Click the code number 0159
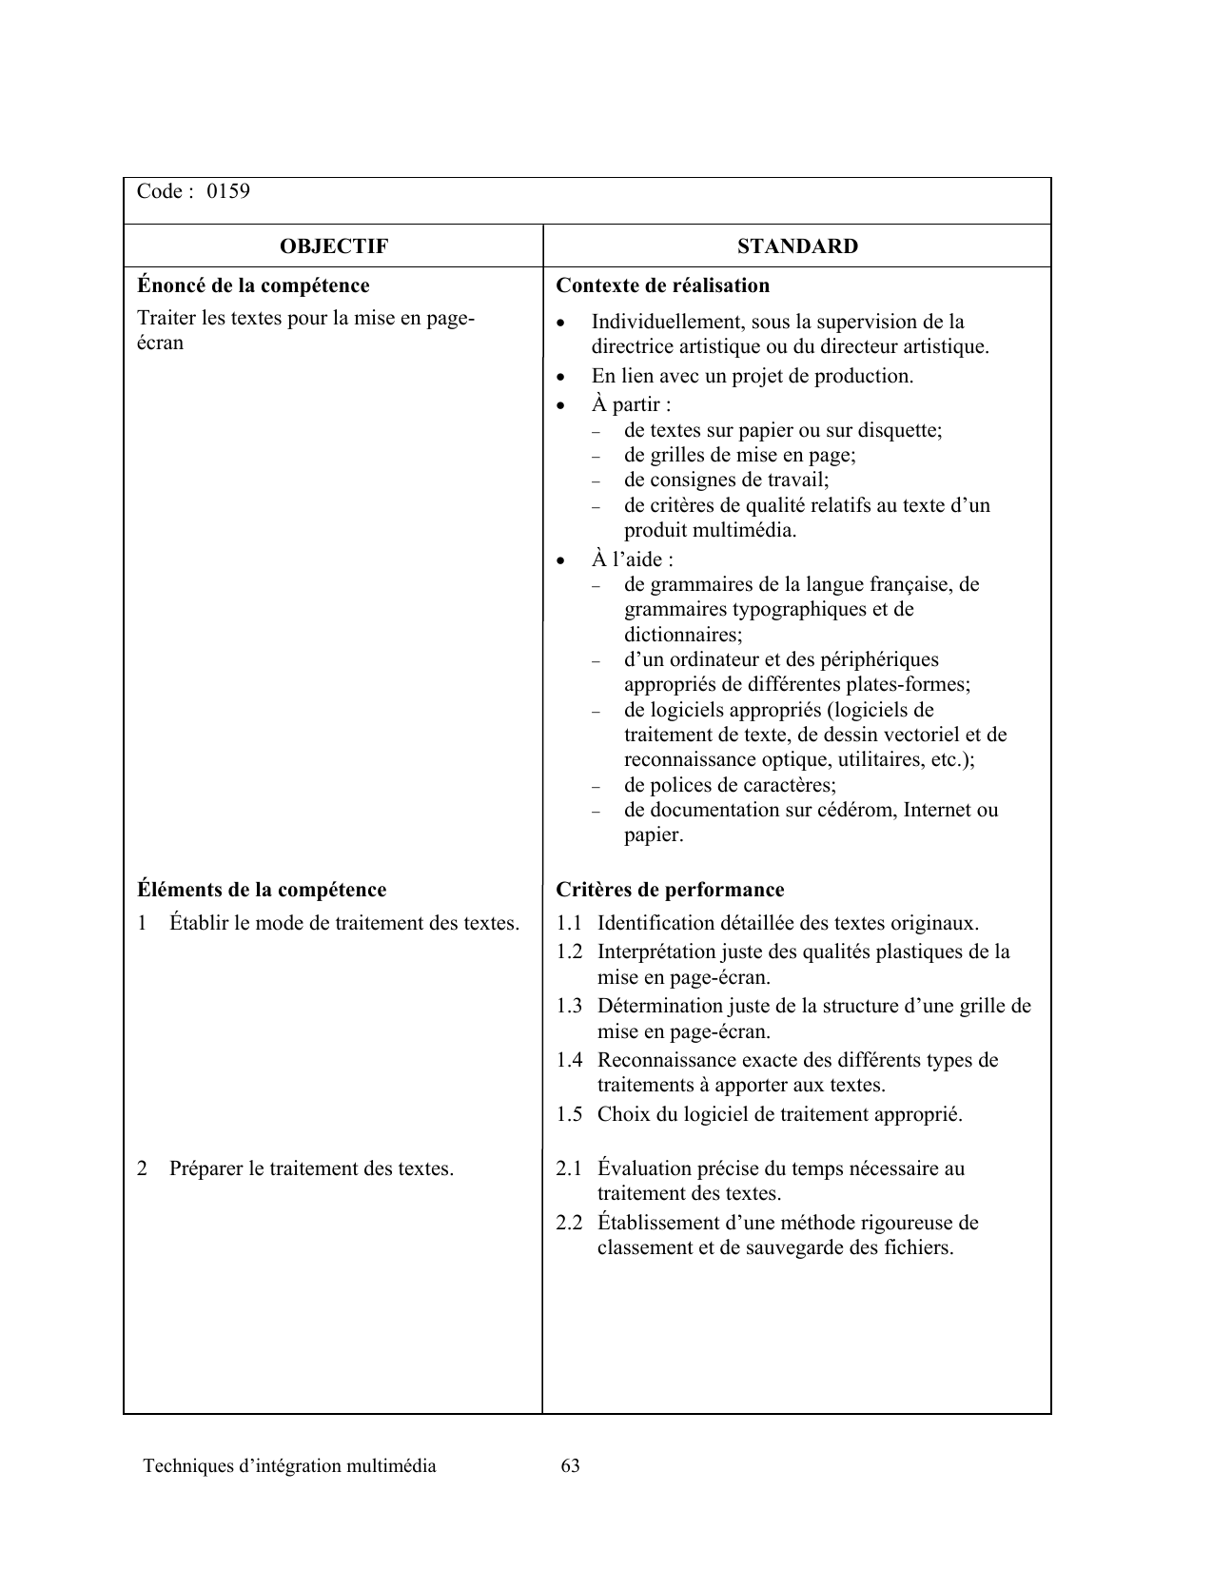[228, 191]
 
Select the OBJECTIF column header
[334, 246]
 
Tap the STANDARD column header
[797, 246]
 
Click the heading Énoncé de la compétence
[253, 285]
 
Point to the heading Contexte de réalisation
[662, 285]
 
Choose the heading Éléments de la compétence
[262, 890]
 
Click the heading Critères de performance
[670, 890]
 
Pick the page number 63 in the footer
[571, 1465]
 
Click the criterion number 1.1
[569, 923]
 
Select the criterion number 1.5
[569, 1114]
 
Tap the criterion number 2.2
[569, 1223]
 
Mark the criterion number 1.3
[569, 1006]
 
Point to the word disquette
[900, 430]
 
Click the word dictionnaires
[682, 635]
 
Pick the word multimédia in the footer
[392, 1465]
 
